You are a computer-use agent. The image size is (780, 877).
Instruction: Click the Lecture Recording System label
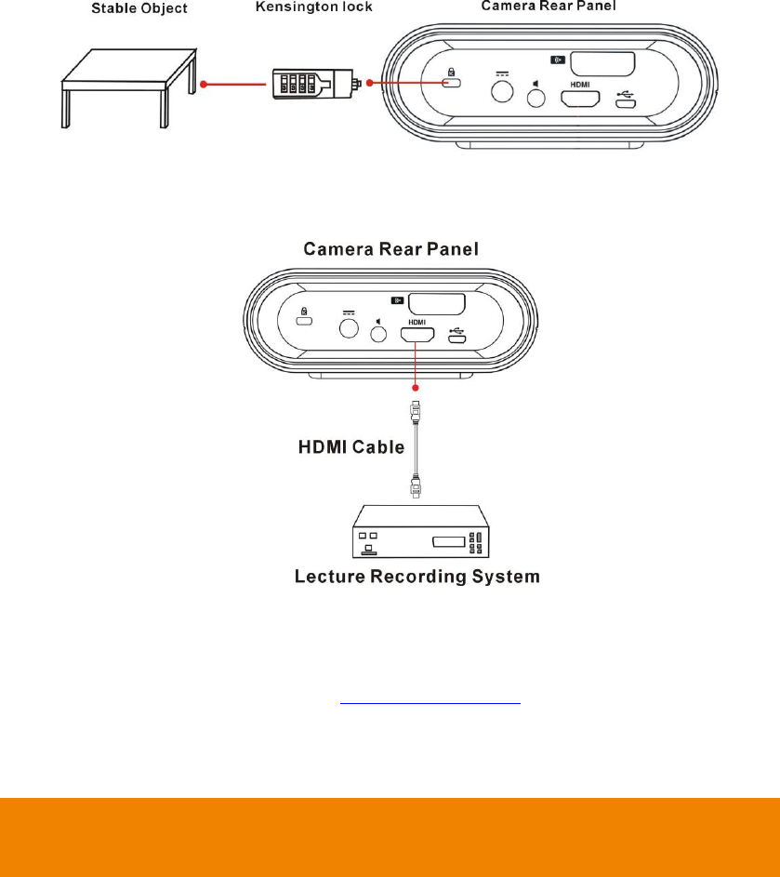point(416,577)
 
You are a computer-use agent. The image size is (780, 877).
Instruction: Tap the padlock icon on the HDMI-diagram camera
point(303,313)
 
